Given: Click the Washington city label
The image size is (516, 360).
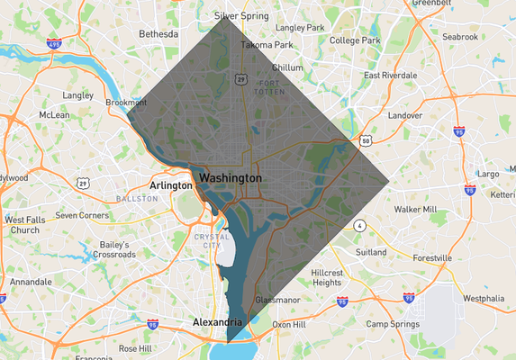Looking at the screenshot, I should (231, 178).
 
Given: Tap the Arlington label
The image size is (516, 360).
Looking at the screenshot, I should (171, 185).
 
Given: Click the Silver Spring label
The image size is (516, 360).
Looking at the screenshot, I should (242, 16).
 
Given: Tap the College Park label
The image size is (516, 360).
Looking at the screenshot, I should (356, 40).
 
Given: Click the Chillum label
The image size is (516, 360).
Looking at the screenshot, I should (287, 67).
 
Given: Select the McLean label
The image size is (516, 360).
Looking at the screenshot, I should (55, 115).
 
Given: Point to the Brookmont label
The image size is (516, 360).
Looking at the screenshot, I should (125, 103).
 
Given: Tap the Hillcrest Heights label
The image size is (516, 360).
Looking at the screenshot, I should (326, 277).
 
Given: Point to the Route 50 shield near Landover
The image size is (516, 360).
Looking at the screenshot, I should (366, 140).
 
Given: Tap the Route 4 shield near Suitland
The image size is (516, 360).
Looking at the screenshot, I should (358, 224).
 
